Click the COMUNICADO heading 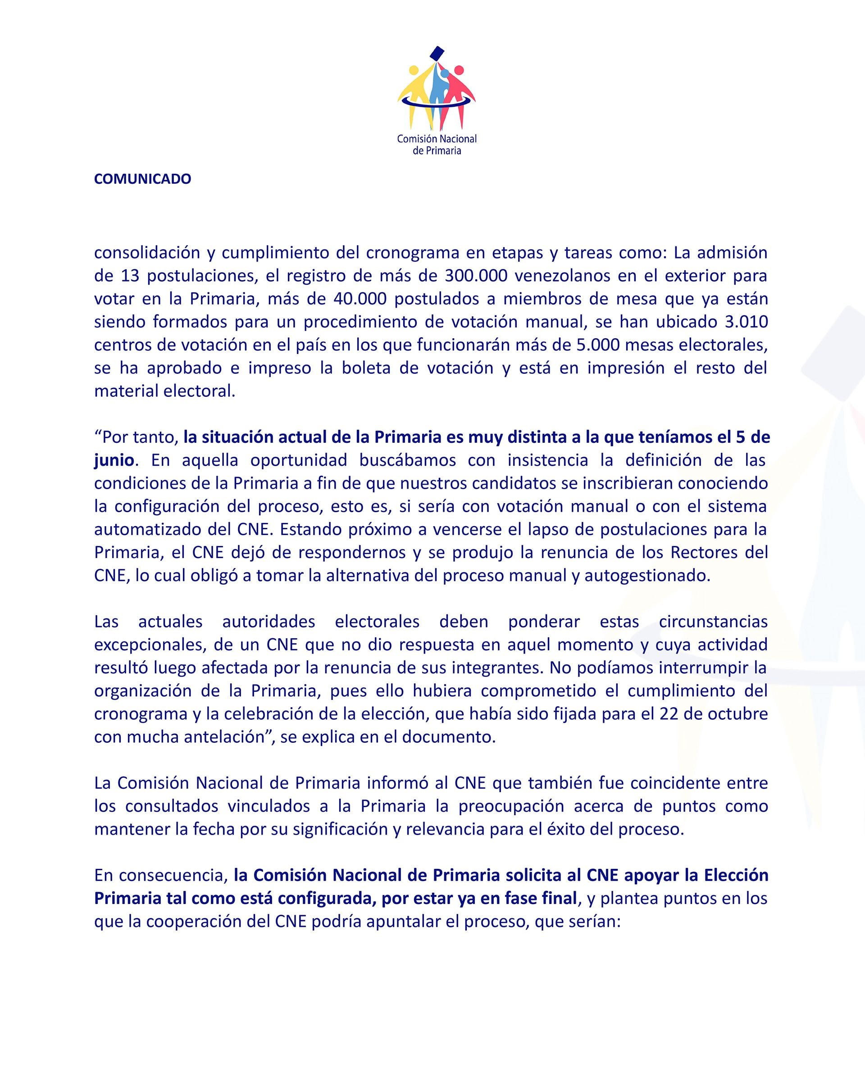(142, 179)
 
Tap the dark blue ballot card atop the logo (437, 53)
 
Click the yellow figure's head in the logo (414, 70)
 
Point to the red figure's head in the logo (458, 70)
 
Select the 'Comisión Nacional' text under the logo (436, 139)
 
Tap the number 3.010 (746, 322)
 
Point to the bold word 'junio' (114, 460)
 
